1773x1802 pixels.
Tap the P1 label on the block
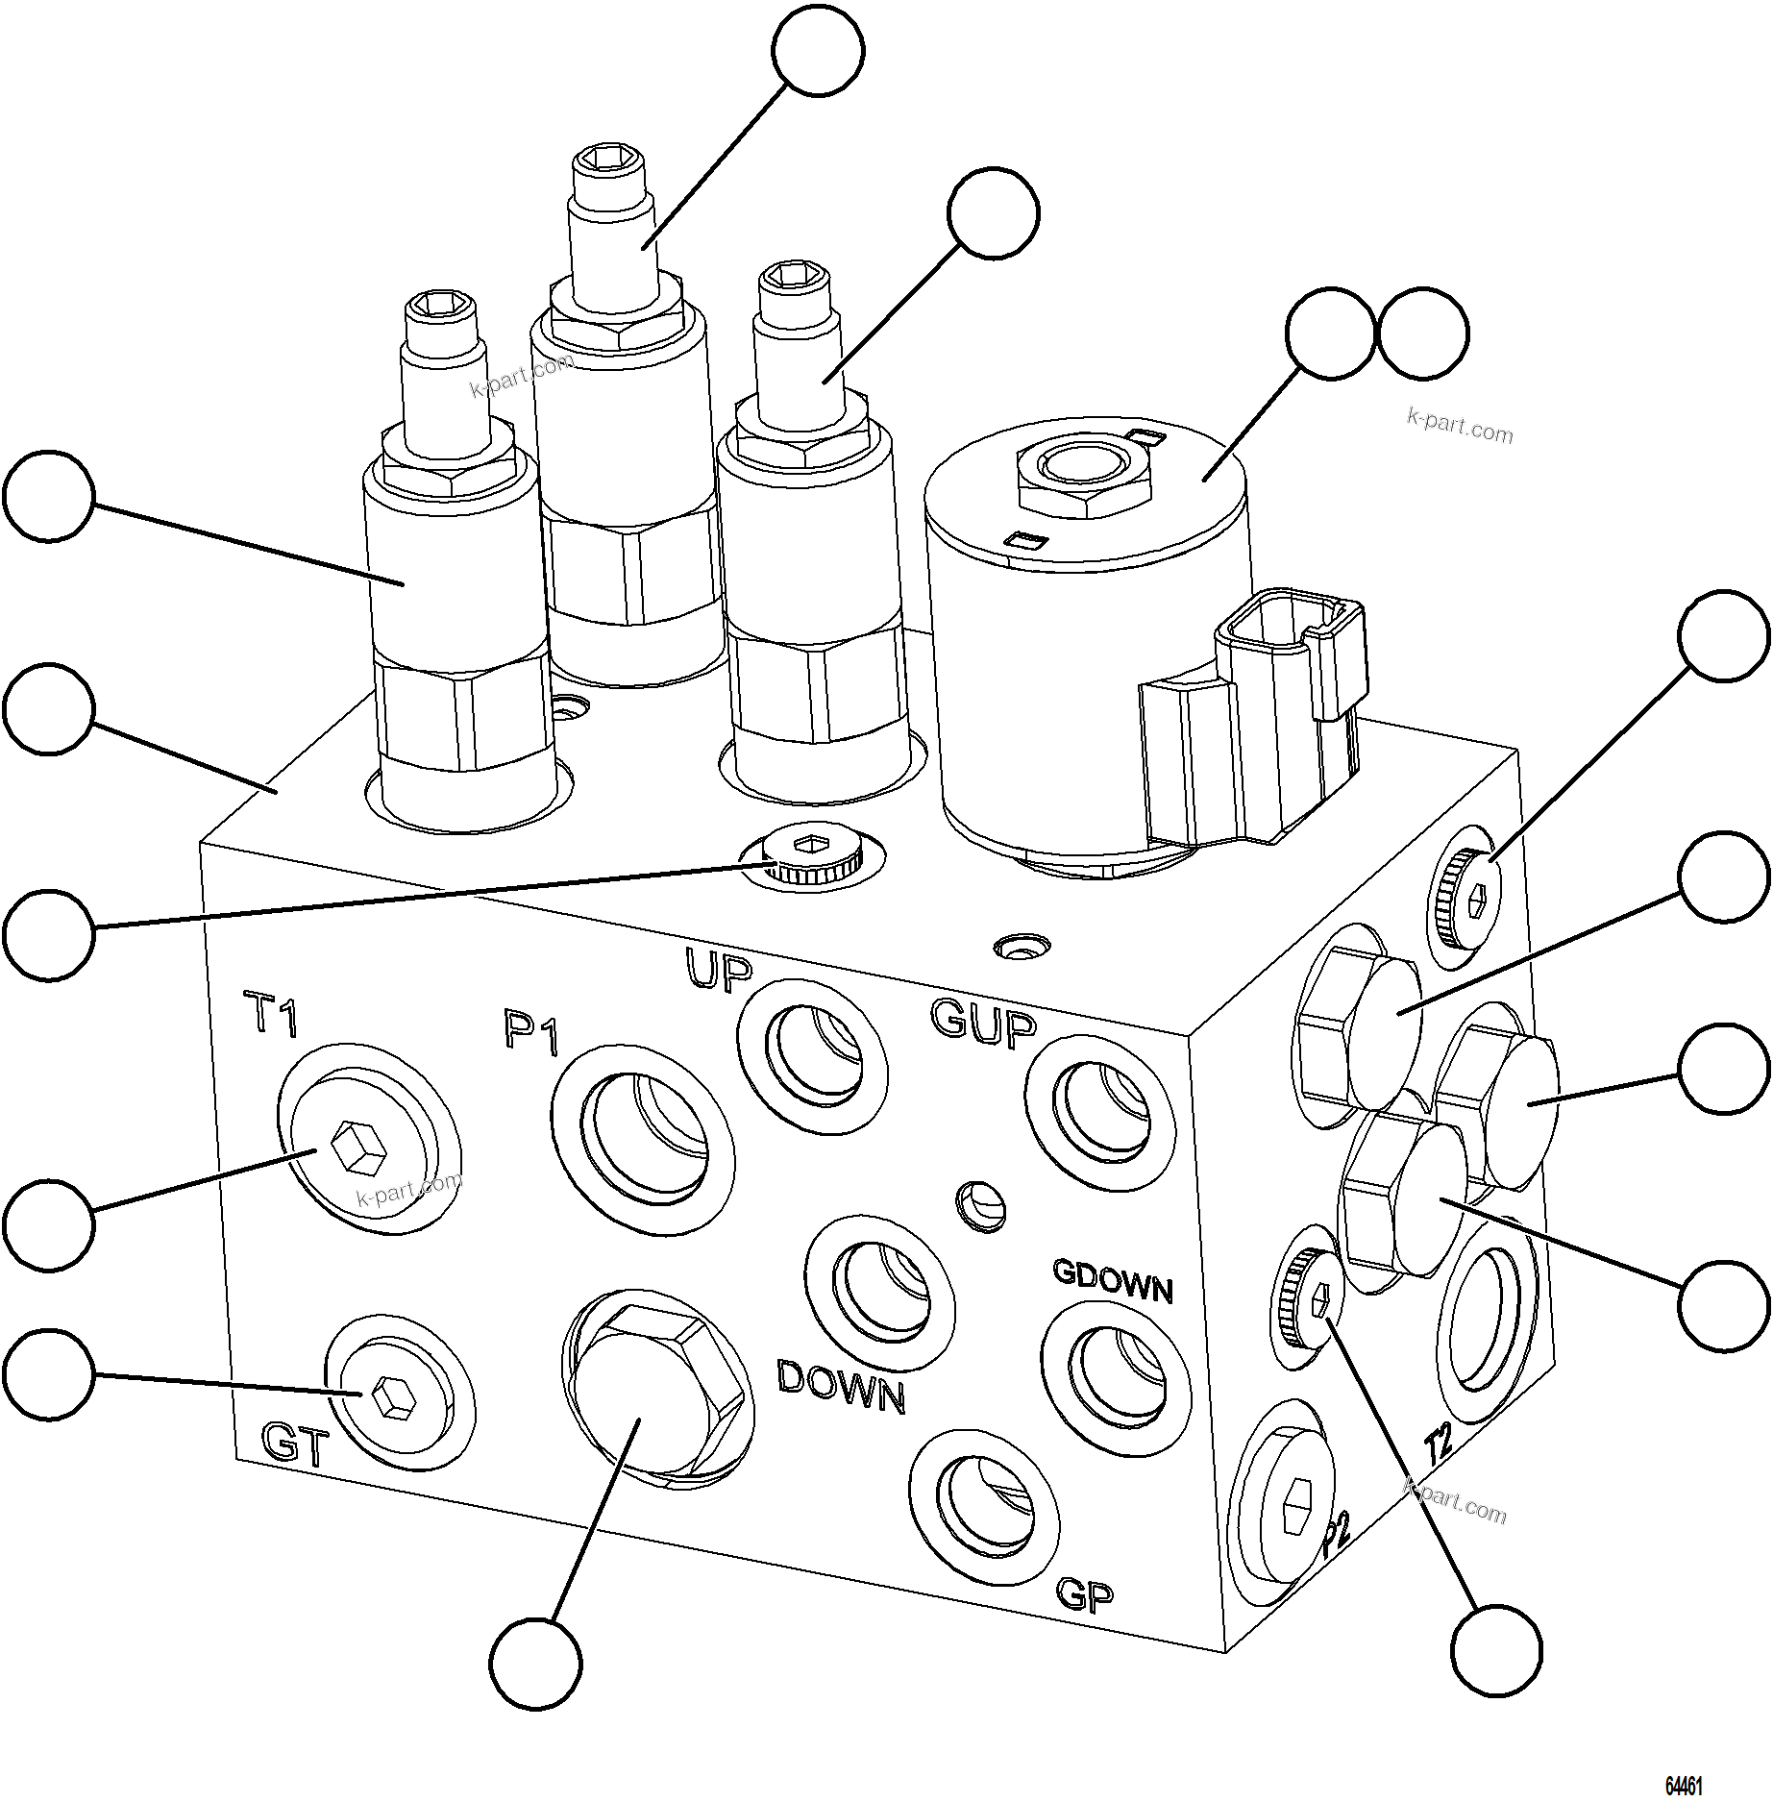[x=530, y=1031]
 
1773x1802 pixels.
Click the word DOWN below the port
[x=840, y=1387]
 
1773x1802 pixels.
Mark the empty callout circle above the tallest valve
[x=818, y=50]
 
